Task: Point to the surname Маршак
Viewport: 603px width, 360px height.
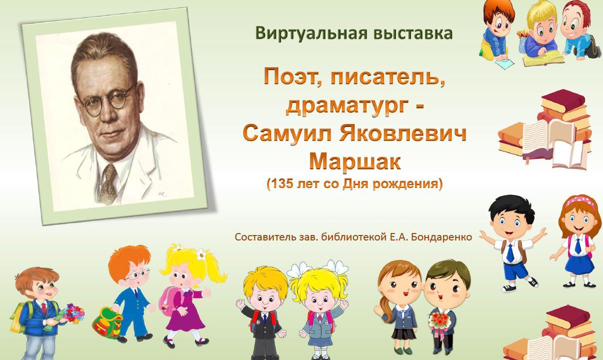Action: point(355,161)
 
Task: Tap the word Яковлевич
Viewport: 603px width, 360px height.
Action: point(402,133)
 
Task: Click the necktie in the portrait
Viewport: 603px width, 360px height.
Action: point(109,183)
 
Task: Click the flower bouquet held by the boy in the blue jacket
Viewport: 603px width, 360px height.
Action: point(73,313)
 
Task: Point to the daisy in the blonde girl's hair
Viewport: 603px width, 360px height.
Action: point(201,254)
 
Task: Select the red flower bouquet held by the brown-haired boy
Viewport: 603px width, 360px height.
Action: point(439,321)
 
